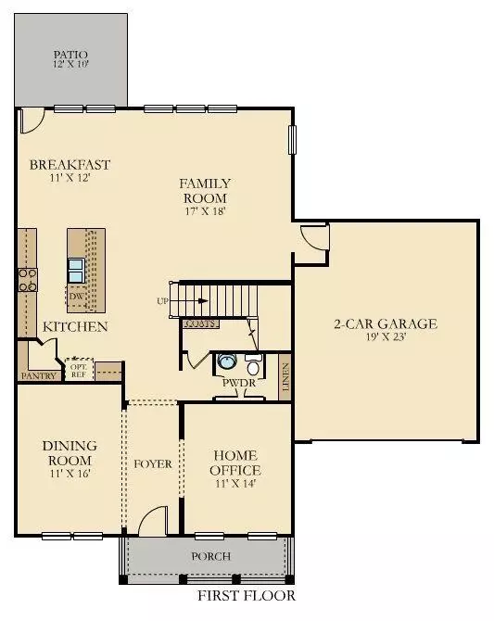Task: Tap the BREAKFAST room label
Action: point(70,165)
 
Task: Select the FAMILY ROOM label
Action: point(205,191)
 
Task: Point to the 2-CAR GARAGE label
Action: point(385,324)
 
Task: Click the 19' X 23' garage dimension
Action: point(385,338)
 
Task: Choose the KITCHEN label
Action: point(75,326)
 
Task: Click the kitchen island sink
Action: point(75,270)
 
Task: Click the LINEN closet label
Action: point(285,381)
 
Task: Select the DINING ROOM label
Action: point(69,452)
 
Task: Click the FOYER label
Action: point(153,463)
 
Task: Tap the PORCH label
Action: point(210,556)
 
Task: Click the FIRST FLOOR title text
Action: point(247,596)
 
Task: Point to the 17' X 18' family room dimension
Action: point(205,211)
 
